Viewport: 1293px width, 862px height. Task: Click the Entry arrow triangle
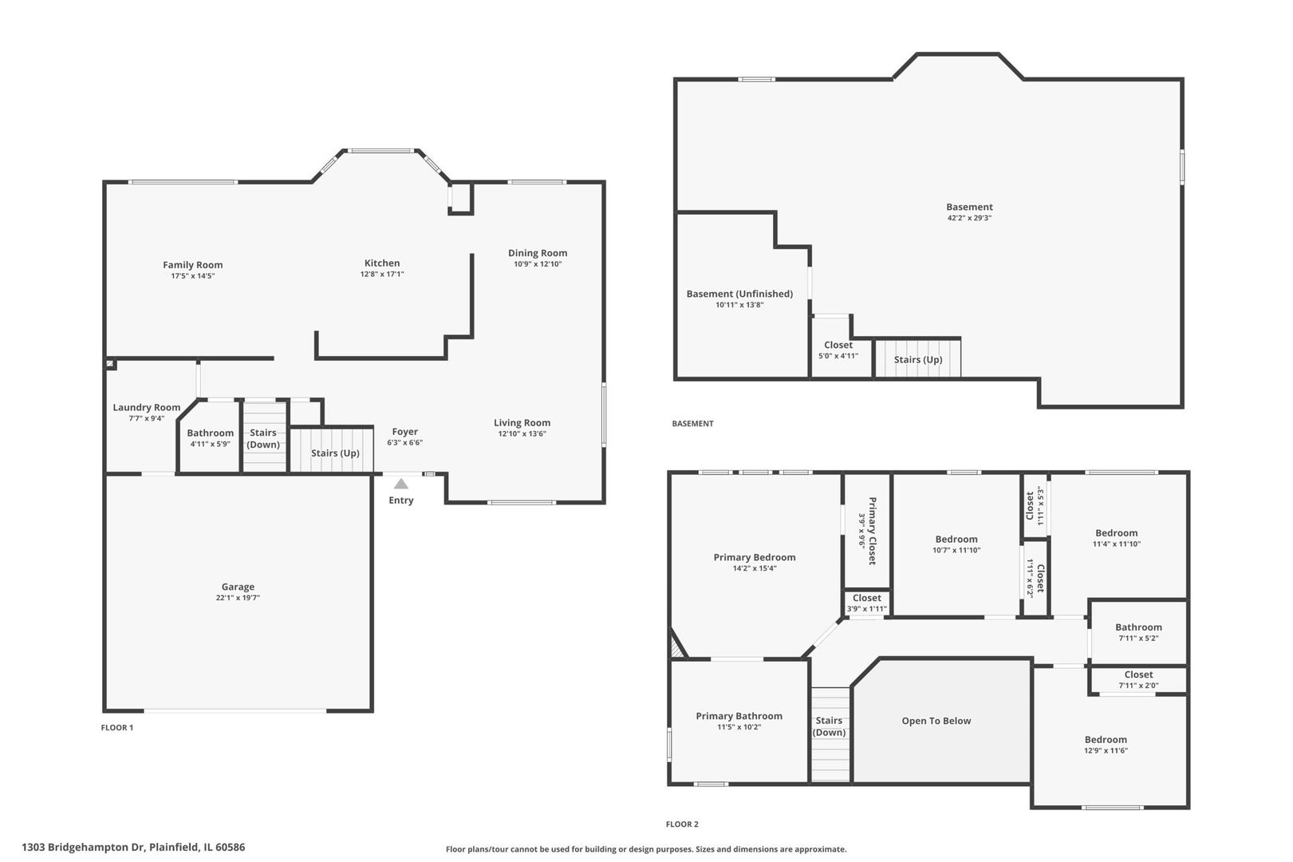(x=401, y=484)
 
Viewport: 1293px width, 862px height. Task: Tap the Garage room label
(x=238, y=587)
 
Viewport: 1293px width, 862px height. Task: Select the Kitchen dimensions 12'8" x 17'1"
(x=382, y=275)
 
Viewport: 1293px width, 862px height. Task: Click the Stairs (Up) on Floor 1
(x=335, y=453)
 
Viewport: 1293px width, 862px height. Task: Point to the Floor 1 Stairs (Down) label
(x=263, y=438)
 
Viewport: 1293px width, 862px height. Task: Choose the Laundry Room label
(x=146, y=407)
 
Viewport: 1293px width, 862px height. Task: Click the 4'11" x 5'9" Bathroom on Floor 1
(x=210, y=438)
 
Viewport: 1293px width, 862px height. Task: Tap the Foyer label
(x=404, y=432)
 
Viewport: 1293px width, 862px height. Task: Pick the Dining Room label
(x=538, y=253)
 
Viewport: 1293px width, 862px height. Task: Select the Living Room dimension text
(x=522, y=434)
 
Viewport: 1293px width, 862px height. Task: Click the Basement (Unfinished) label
(x=739, y=294)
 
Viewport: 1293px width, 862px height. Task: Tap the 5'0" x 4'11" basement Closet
(x=838, y=350)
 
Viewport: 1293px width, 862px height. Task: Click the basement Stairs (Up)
(x=917, y=359)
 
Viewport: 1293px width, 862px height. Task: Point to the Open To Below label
(x=936, y=721)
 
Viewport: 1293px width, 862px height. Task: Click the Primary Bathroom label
(x=739, y=716)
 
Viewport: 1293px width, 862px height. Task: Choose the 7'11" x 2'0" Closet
(x=1138, y=679)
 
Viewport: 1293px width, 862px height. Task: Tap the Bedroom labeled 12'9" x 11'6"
(x=1106, y=744)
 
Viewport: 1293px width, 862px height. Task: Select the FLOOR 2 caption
(x=682, y=824)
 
